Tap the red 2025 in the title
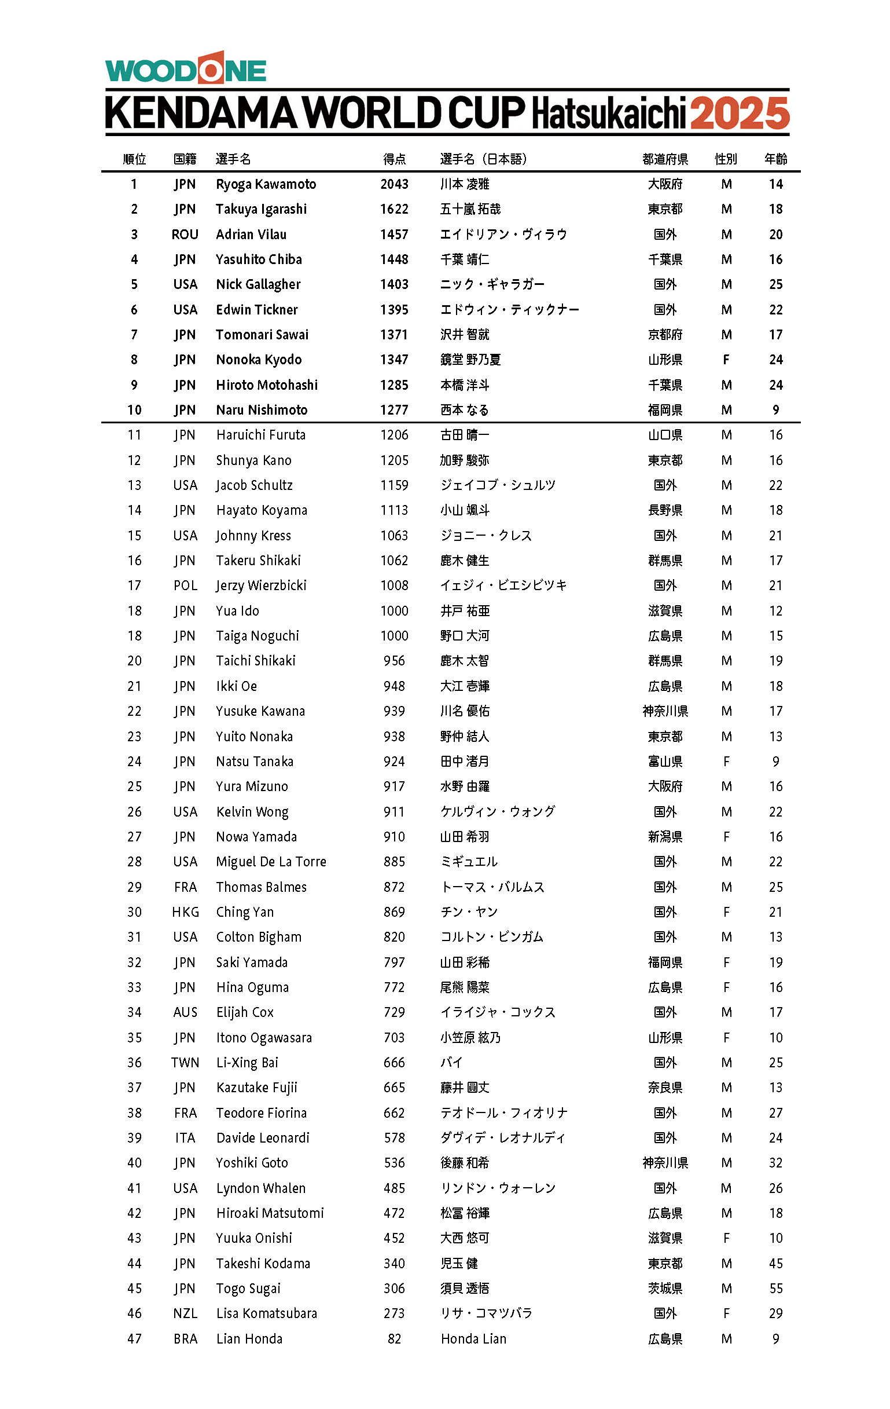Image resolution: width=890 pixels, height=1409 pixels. click(739, 114)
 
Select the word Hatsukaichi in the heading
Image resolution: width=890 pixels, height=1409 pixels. click(608, 114)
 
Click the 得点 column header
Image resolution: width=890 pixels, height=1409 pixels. click(394, 159)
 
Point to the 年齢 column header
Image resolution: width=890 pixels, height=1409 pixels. click(775, 159)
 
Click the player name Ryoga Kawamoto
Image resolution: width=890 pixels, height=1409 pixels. click(266, 184)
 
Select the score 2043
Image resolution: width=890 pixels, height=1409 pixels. click(394, 184)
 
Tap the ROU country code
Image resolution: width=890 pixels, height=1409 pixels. click(185, 235)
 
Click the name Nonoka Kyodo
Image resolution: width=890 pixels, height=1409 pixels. click(259, 360)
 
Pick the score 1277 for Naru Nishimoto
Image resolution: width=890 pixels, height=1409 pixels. click(394, 410)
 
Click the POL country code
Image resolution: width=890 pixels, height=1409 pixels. click(185, 585)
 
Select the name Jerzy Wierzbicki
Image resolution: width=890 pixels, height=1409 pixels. click(261, 585)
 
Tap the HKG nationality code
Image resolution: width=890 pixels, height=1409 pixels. click(185, 912)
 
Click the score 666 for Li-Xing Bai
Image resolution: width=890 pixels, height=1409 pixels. click(394, 1063)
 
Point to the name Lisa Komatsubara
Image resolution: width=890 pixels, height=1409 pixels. click(266, 1313)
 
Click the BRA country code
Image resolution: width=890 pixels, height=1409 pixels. click(185, 1339)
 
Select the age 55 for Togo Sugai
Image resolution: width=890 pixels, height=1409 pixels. click(775, 1289)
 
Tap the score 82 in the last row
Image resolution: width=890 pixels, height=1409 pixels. click(394, 1339)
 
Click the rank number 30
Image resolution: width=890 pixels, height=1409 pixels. click(134, 912)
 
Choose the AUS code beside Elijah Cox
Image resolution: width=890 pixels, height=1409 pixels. click(185, 1012)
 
